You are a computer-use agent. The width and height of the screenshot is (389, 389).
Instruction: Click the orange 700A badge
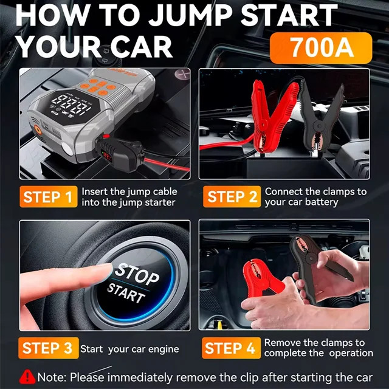(x=321, y=48)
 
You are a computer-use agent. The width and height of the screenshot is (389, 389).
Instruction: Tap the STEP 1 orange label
(x=49, y=196)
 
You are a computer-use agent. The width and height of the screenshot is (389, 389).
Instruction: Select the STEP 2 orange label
(x=232, y=196)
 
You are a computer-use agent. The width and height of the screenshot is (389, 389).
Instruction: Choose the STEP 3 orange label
(x=49, y=348)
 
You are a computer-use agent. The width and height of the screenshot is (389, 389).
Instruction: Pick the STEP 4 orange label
(x=231, y=348)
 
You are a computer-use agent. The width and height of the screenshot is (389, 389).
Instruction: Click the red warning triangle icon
(x=27, y=377)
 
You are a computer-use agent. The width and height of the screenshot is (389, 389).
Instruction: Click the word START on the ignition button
(x=126, y=293)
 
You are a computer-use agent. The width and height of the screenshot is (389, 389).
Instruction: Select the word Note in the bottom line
(x=51, y=377)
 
